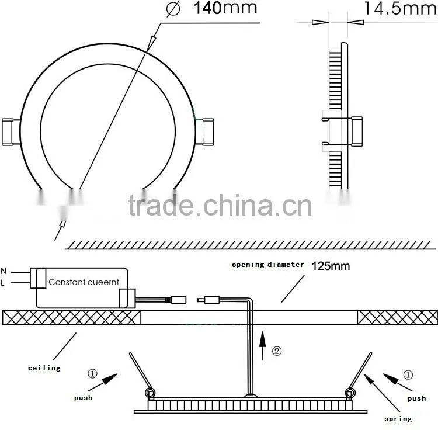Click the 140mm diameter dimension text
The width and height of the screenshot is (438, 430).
point(225,8)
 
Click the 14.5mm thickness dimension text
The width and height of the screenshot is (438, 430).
point(401,8)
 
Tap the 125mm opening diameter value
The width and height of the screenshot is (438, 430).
point(331,266)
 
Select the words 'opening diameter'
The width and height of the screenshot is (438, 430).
point(267,265)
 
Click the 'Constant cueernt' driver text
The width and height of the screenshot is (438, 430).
point(84,282)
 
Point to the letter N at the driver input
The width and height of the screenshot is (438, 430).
point(4,271)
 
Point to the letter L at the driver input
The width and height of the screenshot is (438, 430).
point(3,283)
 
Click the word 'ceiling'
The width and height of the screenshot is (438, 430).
point(44,368)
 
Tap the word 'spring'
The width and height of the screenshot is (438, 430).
point(398,419)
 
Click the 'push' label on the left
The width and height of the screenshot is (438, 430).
point(84,398)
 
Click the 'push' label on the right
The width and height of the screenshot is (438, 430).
point(416,398)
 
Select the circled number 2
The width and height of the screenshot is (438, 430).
point(277,351)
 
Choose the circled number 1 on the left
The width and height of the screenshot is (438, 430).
point(93,373)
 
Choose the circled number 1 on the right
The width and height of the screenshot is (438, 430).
point(408,374)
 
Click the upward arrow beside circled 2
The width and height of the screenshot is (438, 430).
point(262,346)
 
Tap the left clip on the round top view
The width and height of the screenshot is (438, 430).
point(11,132)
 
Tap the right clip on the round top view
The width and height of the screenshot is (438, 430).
point(204,131)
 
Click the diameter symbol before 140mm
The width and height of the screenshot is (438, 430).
point(173,9)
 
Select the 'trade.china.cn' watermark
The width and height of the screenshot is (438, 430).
point(220,206)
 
